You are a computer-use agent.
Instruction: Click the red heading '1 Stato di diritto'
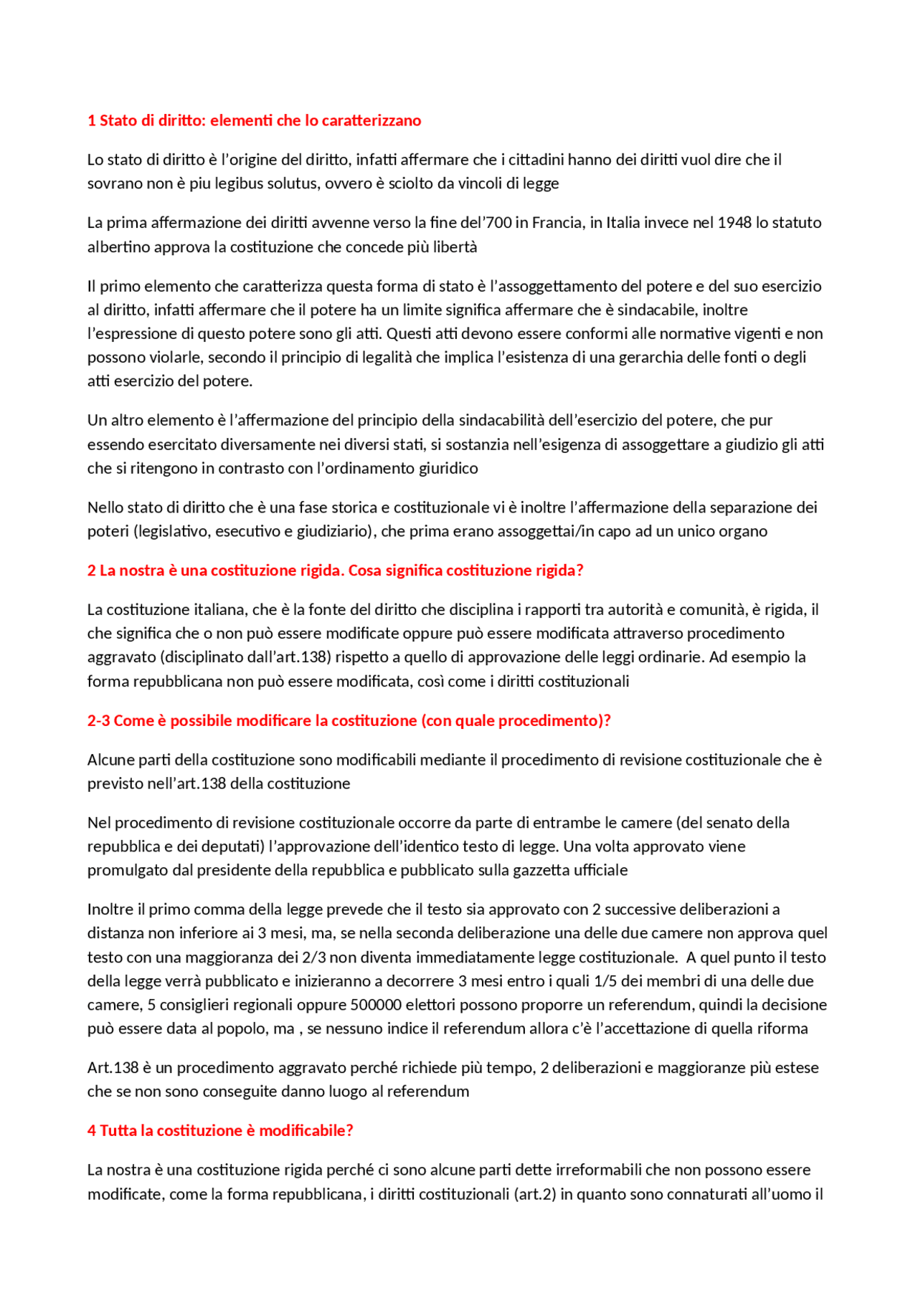point(254,120)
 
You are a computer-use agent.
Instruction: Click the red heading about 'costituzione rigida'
point(335,571)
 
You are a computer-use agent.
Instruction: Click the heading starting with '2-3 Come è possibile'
point(349,721)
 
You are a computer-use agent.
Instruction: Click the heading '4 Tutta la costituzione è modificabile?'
point(220,1131)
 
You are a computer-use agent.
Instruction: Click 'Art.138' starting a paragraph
point(113,1068)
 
